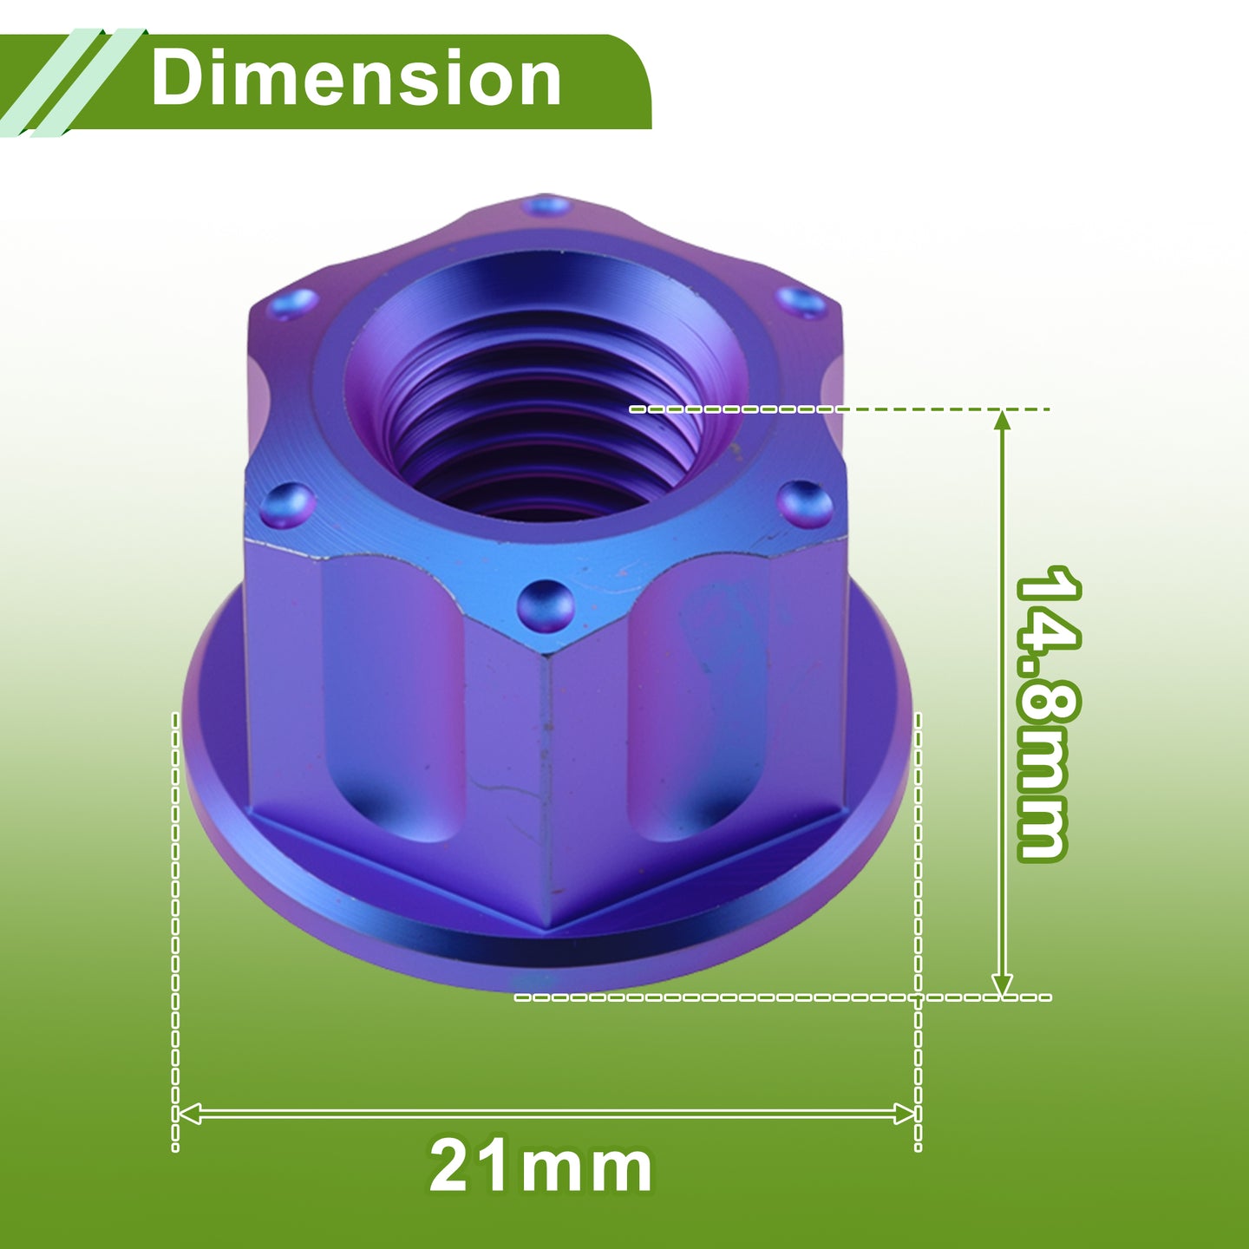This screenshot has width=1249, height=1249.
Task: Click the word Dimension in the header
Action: point(356,79)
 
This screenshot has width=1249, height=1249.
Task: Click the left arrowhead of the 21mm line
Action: point(188,1113)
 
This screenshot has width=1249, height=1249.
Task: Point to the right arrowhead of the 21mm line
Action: point(904,1113)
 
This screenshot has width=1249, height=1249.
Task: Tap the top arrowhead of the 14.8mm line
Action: point(1002,421)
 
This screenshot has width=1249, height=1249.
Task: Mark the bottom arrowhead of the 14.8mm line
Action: point(1002,984)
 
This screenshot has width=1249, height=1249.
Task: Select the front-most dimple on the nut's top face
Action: point(545,606)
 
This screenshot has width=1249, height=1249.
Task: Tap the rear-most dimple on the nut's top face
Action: point(547,206)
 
